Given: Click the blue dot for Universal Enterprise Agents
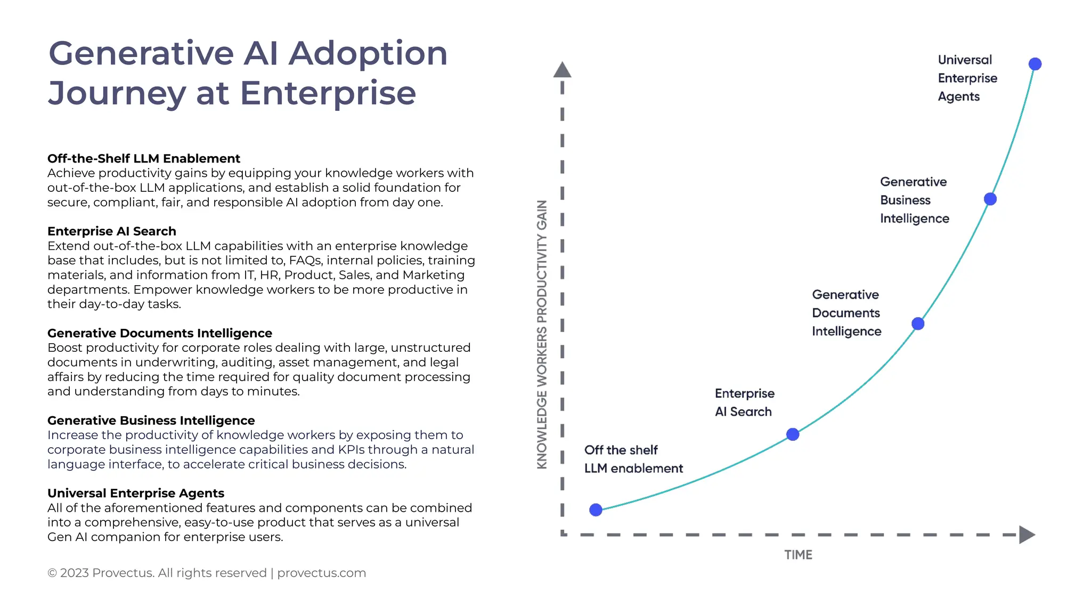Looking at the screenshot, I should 1035,64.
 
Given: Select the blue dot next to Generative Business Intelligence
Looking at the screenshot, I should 990,199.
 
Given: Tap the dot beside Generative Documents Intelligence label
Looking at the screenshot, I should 917,324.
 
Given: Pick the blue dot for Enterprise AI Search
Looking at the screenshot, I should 793,434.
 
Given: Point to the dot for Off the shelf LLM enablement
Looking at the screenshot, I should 596,510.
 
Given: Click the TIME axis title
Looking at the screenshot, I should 798,555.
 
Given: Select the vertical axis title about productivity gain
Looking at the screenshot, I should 542,334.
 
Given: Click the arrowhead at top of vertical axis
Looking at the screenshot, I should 562,70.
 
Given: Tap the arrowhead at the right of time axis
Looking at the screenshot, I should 1027,535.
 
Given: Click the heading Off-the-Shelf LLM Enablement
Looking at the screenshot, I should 143,158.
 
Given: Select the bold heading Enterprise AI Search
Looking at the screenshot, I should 111,231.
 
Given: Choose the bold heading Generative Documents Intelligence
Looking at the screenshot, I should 159,333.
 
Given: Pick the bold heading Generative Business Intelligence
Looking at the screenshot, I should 151,421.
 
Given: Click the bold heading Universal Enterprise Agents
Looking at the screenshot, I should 135,493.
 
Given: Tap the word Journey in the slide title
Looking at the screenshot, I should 116,93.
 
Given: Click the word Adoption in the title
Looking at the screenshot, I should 368,53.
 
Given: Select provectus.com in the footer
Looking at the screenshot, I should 321,573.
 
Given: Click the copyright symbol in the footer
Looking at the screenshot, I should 52,573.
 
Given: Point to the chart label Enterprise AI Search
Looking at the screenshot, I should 744,402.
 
